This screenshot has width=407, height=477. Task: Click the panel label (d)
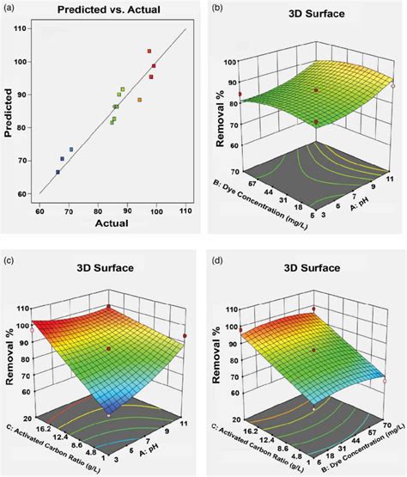click(217, 256)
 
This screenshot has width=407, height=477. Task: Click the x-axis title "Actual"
click(111, 223)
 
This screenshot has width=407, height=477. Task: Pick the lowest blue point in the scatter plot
click(58, 172)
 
